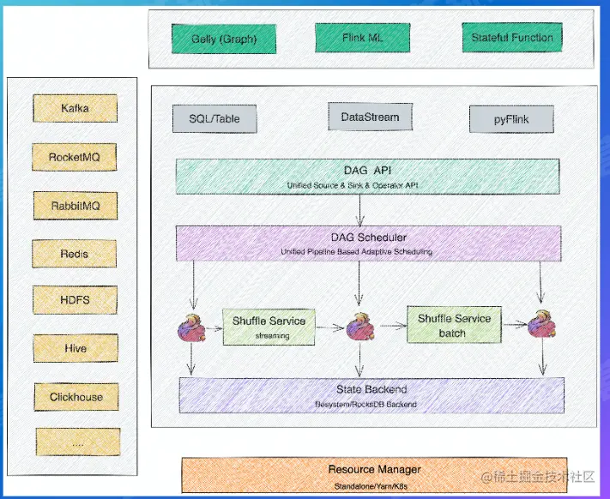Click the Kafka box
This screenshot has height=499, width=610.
click(75, 109)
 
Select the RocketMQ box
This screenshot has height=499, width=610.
click(75, 157)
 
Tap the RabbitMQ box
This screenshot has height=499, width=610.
click(75, 206)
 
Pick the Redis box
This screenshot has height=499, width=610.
click(75, 254)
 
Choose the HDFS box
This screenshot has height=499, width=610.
click(75, 301)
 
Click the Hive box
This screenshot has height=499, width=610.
click(75, 349)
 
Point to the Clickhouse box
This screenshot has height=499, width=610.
click(75, 397)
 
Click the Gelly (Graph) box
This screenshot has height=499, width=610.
click(223, 39)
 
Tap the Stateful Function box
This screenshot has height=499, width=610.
click(512, 37)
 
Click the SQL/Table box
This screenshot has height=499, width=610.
click(214, 119)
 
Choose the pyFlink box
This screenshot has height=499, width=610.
click(511, 119)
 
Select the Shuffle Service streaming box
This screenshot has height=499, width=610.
click(269, 327)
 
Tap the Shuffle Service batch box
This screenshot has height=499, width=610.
click(454, 324)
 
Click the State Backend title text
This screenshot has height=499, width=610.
click(371, 389)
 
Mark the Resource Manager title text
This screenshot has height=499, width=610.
click(374, 469)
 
